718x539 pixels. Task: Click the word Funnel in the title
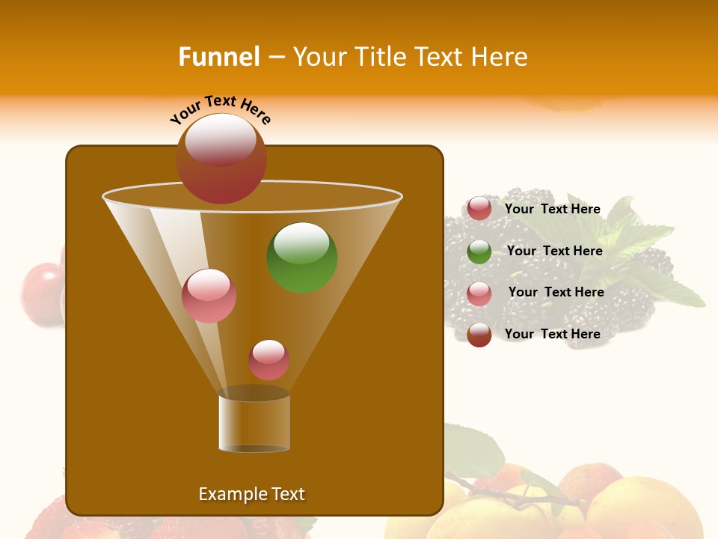coord(218,57)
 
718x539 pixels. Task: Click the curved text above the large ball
coord(221,109)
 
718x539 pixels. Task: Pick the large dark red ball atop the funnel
coord(221,159)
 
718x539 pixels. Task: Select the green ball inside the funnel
coord(301,257)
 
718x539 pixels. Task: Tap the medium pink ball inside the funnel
coord(209,296)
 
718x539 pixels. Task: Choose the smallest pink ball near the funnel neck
coord(269,360)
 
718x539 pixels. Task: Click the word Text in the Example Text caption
coord(287,494)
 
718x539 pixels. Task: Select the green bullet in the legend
coord(479,252)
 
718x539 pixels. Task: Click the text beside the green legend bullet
coord(554,251)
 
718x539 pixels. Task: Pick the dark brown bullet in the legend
coord(479,335)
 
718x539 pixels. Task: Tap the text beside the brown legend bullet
coord(553,334)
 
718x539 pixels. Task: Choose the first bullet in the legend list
coord(479,209)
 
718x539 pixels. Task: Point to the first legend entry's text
coord(553,209)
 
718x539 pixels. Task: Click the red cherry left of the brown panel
coord(41,292)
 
